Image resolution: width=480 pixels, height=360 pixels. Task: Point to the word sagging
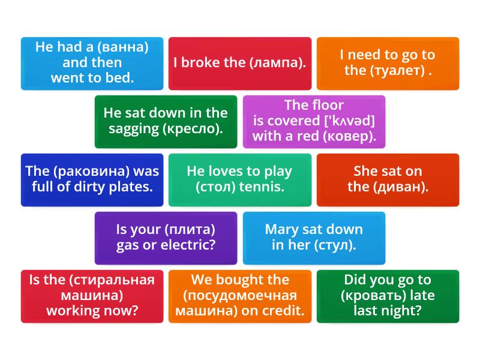click(x=134, y=129)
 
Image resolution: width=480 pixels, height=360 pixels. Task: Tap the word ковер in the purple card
click(x=350, y=136)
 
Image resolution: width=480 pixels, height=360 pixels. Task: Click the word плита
click(x=190, y=230)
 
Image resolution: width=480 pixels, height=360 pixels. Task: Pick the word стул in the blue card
click(x=335, y=245)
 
